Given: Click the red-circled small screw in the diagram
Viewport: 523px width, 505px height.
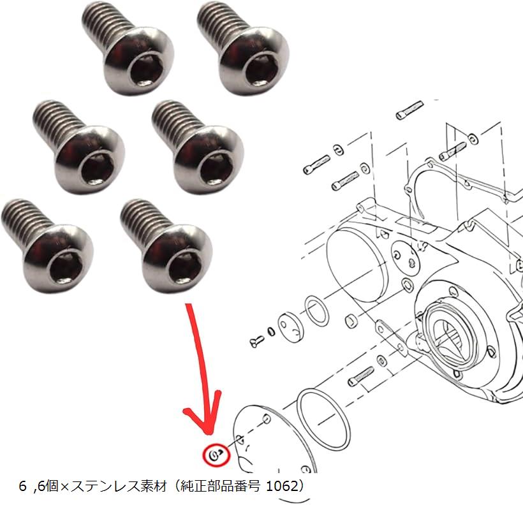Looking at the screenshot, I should click(215, 454).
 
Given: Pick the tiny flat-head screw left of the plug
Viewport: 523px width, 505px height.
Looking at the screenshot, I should click(257, 341).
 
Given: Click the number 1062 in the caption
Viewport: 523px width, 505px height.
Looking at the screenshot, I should click(281, 486).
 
